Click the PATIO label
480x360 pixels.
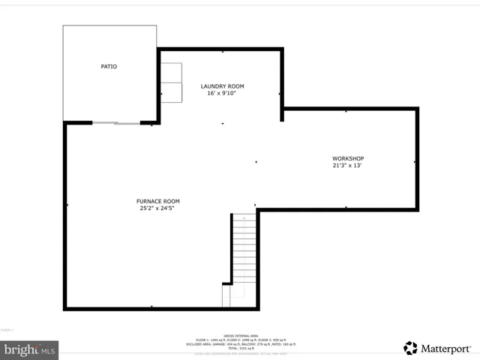(x=109, y=67)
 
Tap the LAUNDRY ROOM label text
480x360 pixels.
(x=222, y=86)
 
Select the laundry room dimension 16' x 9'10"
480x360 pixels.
(x=222, y=94)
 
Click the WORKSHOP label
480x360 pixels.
(x=348, y=158)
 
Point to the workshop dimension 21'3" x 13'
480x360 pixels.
(x=348, y=166)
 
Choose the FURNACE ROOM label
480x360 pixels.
(x=157, y=201)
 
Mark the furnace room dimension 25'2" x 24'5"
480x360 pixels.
(x=157, y=208)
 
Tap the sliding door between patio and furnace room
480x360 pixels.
(x=116, y=122)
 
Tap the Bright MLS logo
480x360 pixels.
(x=30, y=349)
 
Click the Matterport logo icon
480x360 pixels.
(x=410, y=348)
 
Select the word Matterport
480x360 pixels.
(x=445, y=348)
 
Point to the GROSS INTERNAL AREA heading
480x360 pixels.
(x=240, y=336)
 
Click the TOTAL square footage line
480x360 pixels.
(x=240, y=349)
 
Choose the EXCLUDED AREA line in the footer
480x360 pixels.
(x=240, y=344)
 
